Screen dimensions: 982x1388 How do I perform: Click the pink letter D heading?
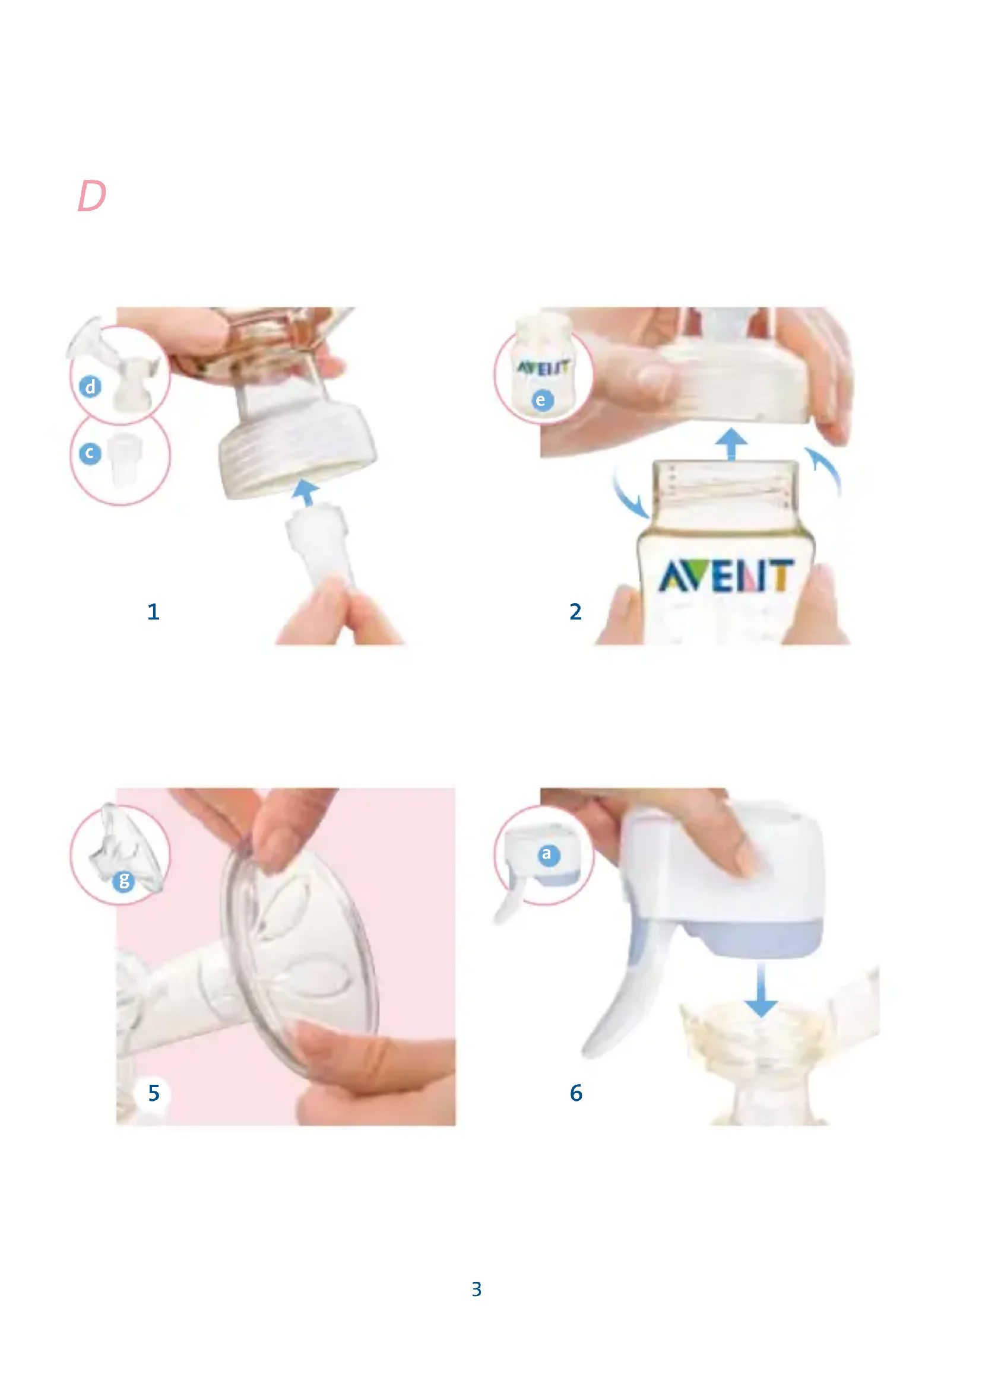point(92,196)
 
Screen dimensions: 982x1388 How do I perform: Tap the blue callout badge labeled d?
point(90,386)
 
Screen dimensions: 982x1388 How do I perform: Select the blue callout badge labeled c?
point(90,453)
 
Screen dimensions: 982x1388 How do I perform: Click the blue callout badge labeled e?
point(543,400)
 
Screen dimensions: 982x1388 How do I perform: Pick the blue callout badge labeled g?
point(124,880)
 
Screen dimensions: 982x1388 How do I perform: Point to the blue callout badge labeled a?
point(549,854)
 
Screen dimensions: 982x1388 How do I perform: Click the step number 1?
point(154,612)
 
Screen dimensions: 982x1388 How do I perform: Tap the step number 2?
point(576,612)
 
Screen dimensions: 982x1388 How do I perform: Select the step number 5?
point(154,1093)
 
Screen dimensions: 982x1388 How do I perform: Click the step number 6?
point(576,1093)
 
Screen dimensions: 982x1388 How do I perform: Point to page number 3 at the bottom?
point(477,1289)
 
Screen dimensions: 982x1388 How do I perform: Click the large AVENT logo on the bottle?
point(726,576)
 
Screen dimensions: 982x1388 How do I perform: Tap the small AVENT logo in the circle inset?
point(543,367)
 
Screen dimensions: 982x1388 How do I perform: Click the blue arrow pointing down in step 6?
point(761,990)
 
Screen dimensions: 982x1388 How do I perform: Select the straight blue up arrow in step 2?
point(732,444)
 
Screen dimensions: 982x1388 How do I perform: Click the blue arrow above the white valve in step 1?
point(305,492)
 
